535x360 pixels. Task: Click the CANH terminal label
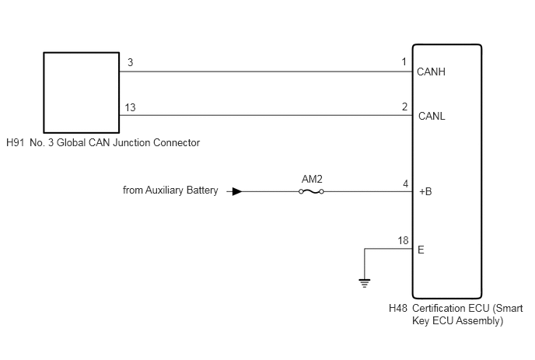coord(431,72)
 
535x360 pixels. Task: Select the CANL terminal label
coord(432,116)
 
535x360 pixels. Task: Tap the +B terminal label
coord(425,191)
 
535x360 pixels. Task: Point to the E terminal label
coord(421,250)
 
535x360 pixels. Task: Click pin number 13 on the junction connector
coord(130,107)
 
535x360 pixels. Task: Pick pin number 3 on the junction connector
coord(131,62)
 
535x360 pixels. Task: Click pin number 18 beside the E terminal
coord(403,240)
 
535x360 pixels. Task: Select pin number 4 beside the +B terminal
coord(405,184)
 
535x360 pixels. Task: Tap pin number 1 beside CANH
coord(404,61)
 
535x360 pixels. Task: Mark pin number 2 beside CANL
coord(404,107)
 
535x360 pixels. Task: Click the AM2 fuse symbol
coord(311,191)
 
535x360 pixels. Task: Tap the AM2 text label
coord(312,179)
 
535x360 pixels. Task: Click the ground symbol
coord(365,283)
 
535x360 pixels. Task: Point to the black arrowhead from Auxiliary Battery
coord(237,191)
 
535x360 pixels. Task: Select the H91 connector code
coord(16,142)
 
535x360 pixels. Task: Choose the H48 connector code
coord(398,308)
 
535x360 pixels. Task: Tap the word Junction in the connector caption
coord(131,142)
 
